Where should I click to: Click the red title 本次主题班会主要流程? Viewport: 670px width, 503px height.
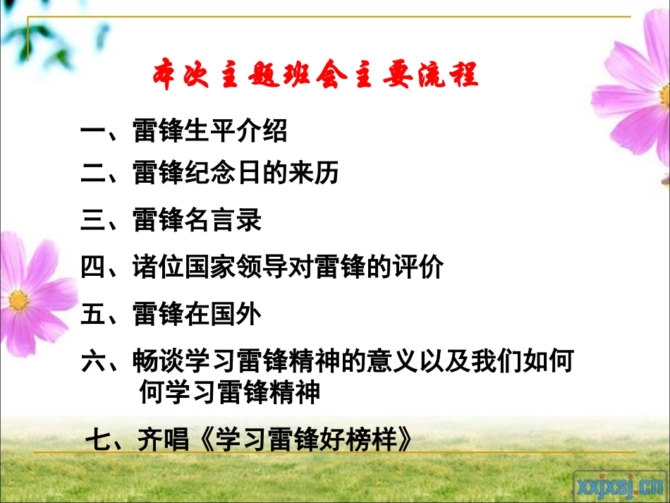click(x=316, y=75)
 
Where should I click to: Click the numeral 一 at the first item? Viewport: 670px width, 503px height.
click(x=93, y=131)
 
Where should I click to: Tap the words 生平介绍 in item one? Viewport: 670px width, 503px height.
click(x=236, y=131)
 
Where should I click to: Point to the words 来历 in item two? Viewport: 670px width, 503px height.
click(x=314, y=173)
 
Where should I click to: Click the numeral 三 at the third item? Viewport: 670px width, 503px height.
click(x=93, y=220)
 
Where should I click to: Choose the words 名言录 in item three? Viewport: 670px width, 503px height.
click(x=223, y=220)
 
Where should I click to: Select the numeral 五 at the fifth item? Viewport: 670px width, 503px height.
click(x=93, y=315)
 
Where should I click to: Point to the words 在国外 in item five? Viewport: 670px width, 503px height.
click(x=223, y=315)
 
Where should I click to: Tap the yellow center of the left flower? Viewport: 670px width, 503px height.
click(x=19, y=299)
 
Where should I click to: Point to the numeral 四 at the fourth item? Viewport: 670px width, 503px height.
click(x=93, y=267)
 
